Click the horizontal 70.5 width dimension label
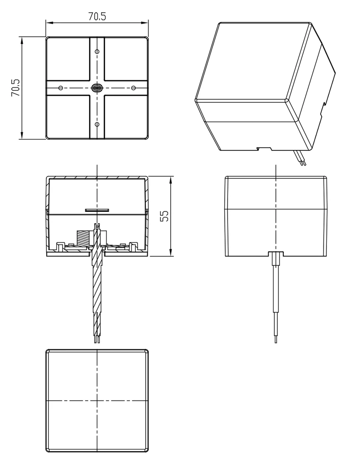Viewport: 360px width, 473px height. [97, 16]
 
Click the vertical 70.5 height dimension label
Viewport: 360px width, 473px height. [16, 88]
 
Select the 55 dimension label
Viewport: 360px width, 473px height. [164, 216]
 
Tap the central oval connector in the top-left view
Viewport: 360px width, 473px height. [97, 88]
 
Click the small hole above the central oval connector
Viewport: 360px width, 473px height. [97, 52]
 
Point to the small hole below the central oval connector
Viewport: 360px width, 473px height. [97, 124]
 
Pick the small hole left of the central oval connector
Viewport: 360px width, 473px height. [61, 88]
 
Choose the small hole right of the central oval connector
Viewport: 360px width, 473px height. [133, 88]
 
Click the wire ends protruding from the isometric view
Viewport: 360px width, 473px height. [299, 158]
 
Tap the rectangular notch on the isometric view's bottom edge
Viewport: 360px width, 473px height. [264, 149]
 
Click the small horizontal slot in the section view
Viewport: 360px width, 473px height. [97, 210]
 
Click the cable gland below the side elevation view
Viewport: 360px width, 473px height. [276, 259]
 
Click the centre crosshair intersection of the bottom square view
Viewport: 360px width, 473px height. [97, 401]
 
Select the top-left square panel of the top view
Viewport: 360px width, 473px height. [68, 59]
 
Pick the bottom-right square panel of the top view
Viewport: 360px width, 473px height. [126, 117]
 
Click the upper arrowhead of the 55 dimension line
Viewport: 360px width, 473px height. [170, 180]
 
